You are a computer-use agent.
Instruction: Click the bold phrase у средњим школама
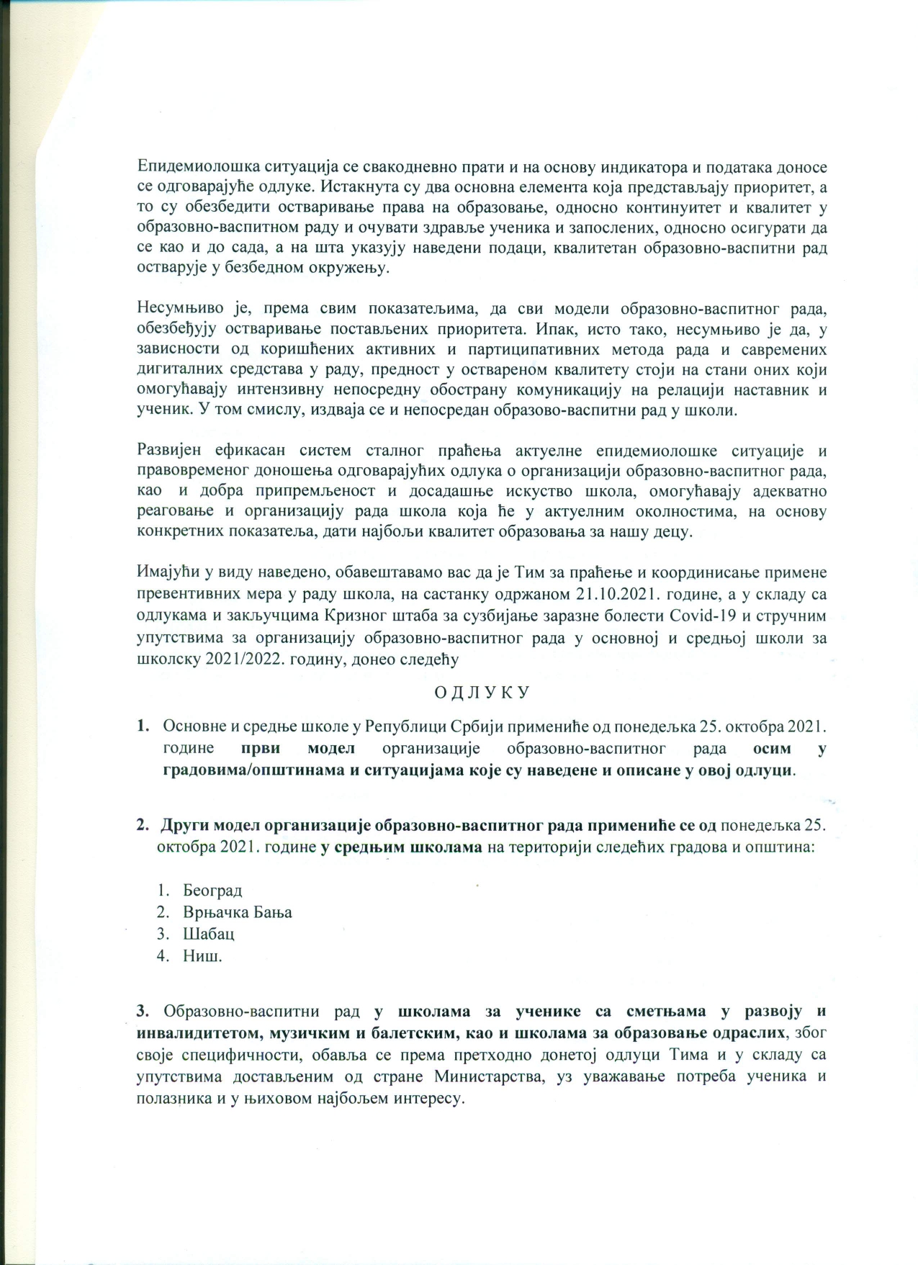coord(402,847)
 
